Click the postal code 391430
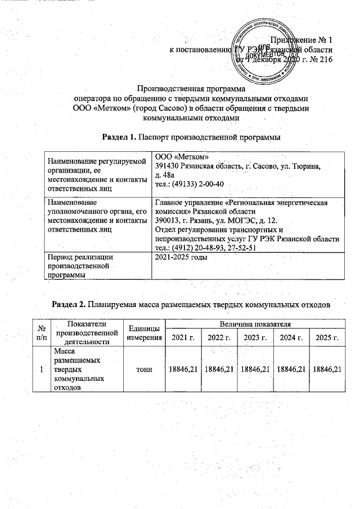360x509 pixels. pos(168,167)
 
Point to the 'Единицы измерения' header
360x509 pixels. pos(142,332)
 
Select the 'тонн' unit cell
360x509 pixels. pos(143,369)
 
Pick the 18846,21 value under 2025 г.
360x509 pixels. pos(327,369)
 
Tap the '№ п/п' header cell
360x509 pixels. pos(40,332)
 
